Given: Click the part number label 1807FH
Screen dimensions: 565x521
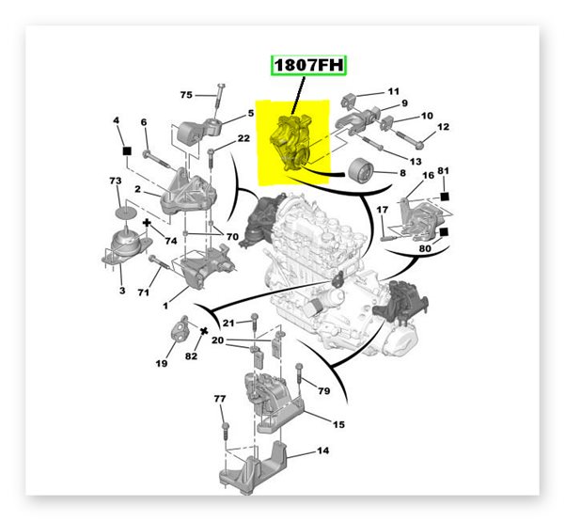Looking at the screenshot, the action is [308, 65].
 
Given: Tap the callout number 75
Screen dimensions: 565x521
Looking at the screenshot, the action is [186, 95].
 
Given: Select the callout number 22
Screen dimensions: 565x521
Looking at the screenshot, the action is [243, 138].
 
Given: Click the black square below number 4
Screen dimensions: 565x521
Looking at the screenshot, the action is [127, 150].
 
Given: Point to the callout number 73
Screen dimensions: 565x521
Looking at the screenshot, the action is [116, 181].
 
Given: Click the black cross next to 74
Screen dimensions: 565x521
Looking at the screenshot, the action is [147, 223].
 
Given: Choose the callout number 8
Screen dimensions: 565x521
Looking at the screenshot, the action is [403, 173].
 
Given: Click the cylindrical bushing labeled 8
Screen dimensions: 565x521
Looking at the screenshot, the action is [361, 173].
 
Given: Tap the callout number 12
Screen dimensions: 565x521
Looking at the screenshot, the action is [443, 127].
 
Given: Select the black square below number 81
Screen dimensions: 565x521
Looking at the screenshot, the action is [445, 197].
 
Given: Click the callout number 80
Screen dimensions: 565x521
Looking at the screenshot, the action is [425, 248].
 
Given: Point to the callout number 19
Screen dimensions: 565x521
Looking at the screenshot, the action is [162, 363].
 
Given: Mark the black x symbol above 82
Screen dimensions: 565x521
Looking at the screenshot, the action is [204, 331].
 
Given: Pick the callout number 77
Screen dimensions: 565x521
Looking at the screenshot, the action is [220, 399].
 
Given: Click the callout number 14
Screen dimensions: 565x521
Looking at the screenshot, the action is [322, 450].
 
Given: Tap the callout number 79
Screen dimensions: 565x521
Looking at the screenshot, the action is [324, 390].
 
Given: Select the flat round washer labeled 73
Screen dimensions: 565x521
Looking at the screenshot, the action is [126, 213].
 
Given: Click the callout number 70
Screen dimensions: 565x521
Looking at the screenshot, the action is [232, 237].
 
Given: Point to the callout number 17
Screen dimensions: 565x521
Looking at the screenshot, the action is [383, 210].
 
